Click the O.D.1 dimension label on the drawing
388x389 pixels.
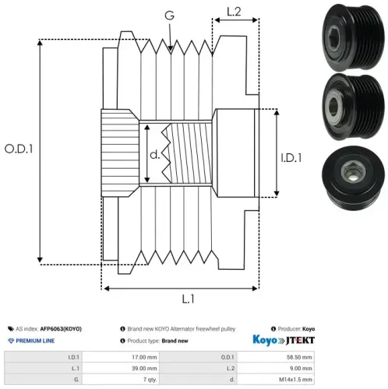[19, 149]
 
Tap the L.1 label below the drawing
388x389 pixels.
[188, 299]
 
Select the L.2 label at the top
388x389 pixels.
[234, 12]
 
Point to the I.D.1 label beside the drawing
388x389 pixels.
[291, 158]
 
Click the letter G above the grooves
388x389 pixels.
[169, 16]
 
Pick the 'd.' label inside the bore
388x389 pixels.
[155, 155]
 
